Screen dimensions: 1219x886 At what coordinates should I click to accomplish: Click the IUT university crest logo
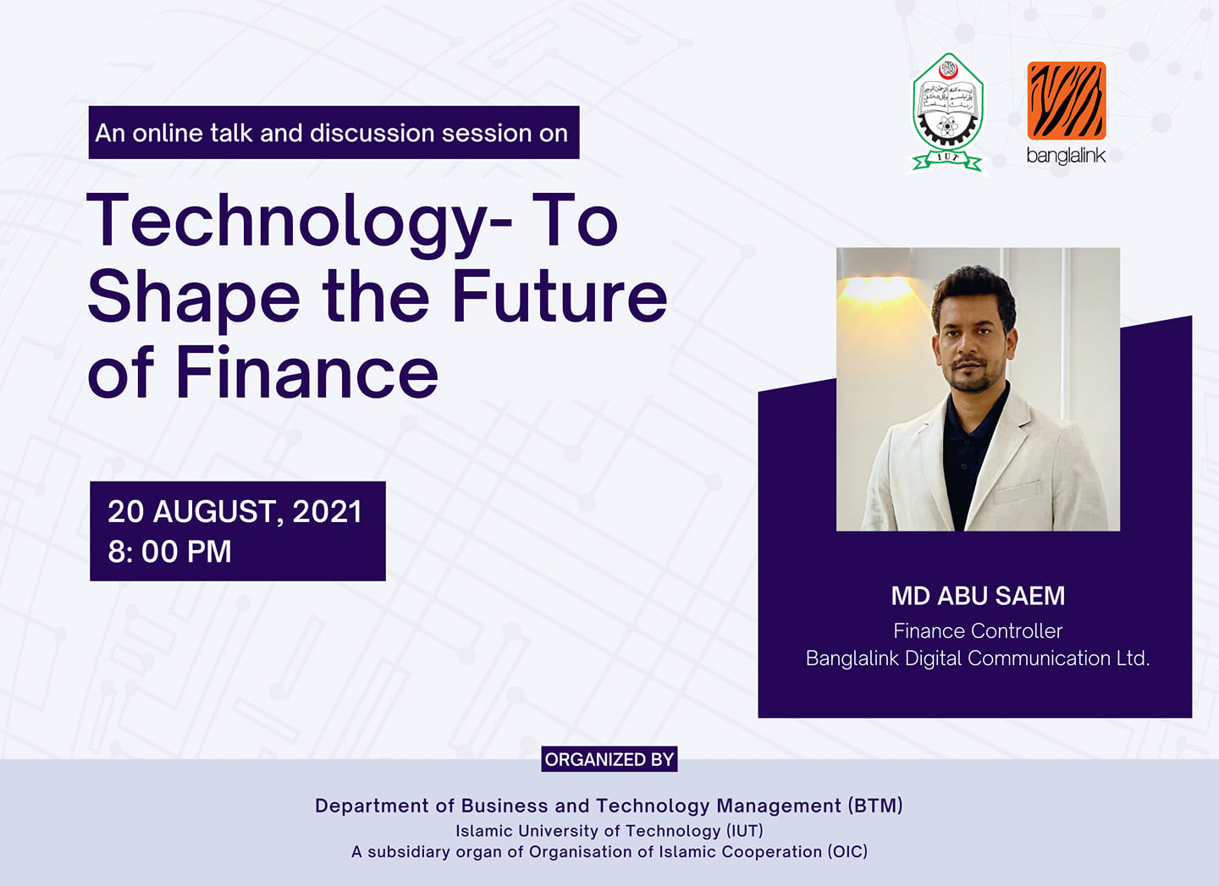tap(947, 112)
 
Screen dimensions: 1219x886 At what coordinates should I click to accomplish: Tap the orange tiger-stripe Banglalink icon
tap(1066, 101)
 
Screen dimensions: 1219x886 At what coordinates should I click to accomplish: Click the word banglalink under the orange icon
tap(1066, 156)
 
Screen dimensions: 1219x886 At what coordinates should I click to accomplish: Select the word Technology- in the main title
tap(299, 223)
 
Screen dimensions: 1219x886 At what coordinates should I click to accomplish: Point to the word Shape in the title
tap(193, 299)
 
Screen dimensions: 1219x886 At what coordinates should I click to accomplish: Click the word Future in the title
tap(560, 296)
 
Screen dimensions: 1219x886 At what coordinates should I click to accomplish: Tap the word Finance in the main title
tap(307, 372)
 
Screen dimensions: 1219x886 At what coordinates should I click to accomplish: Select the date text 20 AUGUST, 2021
tap(234, 512)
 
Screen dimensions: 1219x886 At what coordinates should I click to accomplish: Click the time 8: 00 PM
tap(169, 552)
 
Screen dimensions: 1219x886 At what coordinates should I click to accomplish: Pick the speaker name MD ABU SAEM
tap(978, 596)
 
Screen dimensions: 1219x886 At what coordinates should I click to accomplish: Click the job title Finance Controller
tap(978, 631)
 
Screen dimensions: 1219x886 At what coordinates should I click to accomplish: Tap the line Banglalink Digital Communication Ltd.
tap(978, 658)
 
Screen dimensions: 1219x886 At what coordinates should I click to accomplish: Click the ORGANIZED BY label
tap(609, 759)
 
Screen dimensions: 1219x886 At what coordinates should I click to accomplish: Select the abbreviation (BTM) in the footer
tap(875, 806)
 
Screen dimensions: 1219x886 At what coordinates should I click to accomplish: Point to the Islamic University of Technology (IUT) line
tap(609, 831)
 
